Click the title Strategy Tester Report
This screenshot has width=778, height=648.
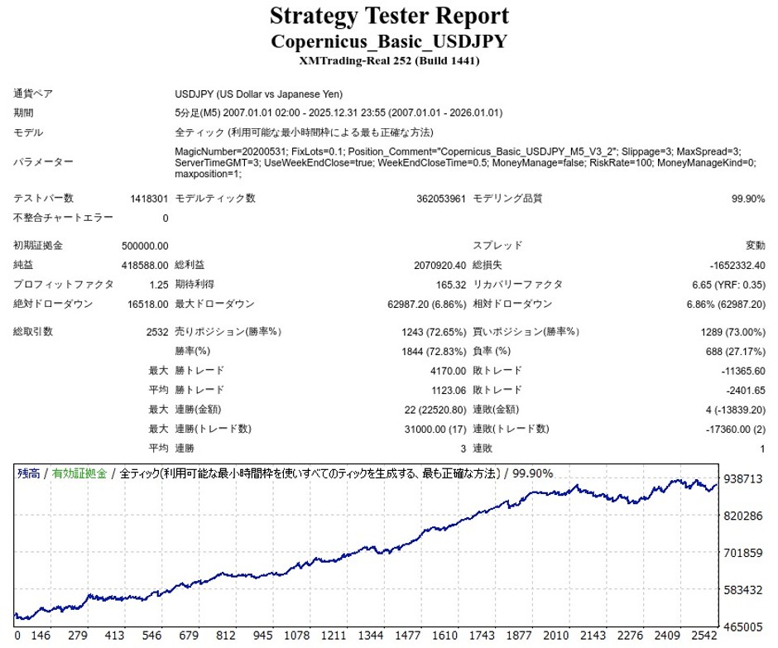(389, 16)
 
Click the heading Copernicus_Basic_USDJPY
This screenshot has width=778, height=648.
(389, 41)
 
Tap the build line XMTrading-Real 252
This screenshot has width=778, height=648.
(389, 60)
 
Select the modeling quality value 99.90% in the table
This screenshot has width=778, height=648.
(747, 199)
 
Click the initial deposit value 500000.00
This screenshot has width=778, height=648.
(145, 246)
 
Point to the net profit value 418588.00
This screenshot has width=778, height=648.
(145, 265)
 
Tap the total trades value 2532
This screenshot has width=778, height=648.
(156, 332)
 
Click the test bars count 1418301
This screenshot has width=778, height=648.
(149, 199)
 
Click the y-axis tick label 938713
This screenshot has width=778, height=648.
(742, 479)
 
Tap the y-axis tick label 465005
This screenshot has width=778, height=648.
(742, 626)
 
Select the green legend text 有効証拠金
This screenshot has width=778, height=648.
(79, 473)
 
